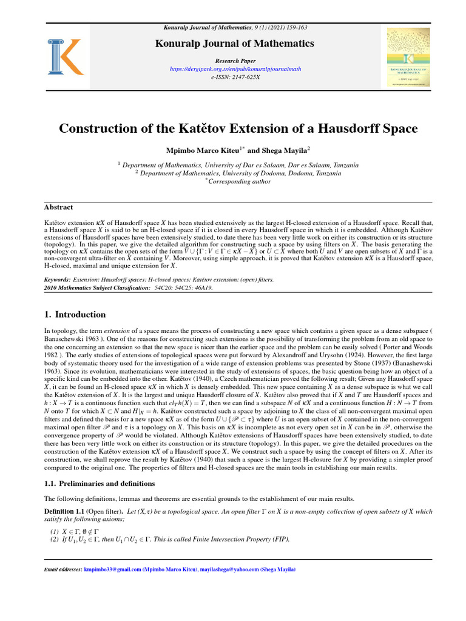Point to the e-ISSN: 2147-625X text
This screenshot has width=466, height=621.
point(234,78)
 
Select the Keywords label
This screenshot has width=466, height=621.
point(58,280)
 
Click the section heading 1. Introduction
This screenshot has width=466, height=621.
point(75,315)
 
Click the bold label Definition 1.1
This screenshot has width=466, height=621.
point(66,511)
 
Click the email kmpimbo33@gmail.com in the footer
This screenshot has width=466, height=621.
point(111,570)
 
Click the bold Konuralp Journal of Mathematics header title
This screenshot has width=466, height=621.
point(234,43)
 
